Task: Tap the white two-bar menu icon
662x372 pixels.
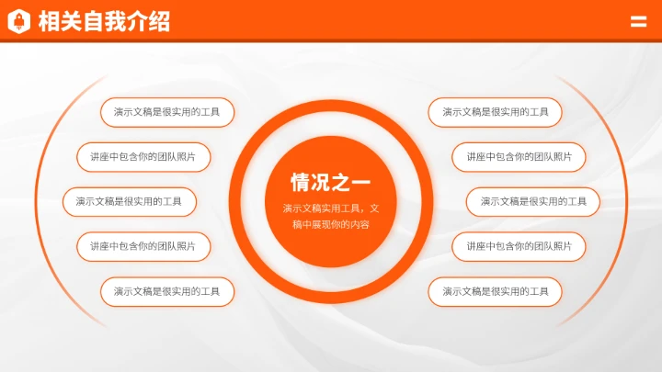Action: click(638, 22)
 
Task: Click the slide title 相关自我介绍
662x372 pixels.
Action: click(104, 21)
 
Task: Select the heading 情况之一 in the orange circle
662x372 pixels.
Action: click(331, 181)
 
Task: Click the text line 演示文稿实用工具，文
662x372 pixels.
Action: click(331, 209)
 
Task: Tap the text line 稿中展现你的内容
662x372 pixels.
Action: click(331, 225)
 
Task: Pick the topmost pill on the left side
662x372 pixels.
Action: click(167, 112)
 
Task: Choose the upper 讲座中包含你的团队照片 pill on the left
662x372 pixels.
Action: click(143, 157)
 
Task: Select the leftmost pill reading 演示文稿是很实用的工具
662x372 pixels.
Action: click(129, 201)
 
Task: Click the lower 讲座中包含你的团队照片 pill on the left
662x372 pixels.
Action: click(143, 246)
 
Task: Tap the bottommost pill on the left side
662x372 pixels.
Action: click(167, 291)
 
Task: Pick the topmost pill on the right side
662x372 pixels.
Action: click(495, 112)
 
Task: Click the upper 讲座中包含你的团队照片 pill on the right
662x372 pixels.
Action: click(519, 157)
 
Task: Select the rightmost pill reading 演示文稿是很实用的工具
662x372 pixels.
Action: click(533, 201)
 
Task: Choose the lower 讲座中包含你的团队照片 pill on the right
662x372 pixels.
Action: click(519, 246)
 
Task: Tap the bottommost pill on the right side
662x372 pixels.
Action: click(495, 291)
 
